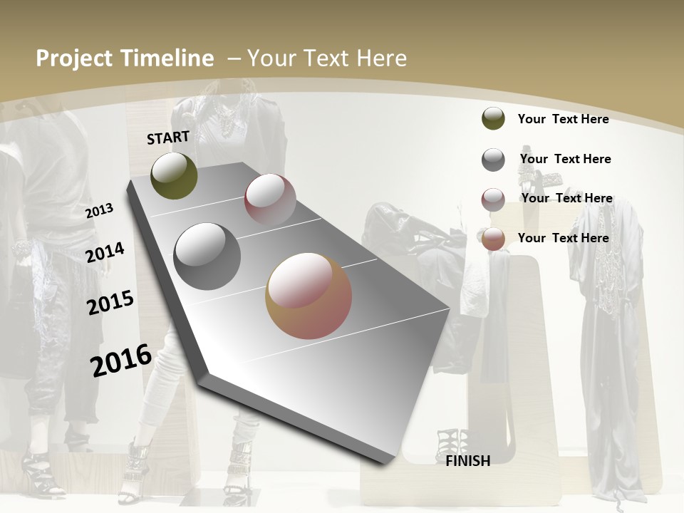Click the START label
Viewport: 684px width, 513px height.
[168, 138]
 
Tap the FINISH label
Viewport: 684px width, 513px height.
[468, 461]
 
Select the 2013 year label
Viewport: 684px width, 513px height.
[99, 211]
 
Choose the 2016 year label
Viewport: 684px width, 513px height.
[121, 361]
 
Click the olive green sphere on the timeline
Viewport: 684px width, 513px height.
[174, 176]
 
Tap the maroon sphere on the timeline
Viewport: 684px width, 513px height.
[270, 199]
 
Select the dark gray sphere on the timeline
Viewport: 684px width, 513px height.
[207, 256]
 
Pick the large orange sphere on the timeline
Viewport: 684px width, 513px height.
[309, 296]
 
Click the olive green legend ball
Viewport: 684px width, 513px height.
[493, 119]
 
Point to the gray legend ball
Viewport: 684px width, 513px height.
[493, 160]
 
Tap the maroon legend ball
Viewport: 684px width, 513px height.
[493, 199]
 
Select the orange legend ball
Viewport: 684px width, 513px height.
[493, 239]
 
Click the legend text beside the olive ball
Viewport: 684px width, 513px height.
[563, 119]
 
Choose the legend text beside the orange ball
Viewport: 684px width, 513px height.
[563, 238]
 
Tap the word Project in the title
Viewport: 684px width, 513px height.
[75, 58]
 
